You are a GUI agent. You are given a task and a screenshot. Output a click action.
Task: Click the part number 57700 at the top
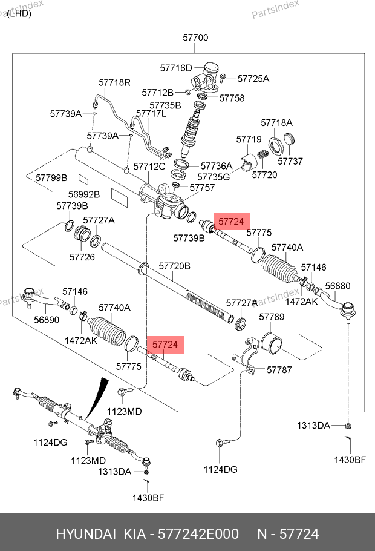coord(195,38)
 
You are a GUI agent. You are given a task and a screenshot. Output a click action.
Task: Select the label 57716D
coord(175,68)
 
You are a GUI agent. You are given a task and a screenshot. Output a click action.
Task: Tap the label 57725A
coord(253,79)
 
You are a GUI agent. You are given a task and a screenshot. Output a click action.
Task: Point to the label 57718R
coord(115,82)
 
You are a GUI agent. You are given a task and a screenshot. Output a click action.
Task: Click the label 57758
coord(232,98)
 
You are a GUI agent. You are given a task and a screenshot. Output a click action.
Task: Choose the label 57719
coord(249,140)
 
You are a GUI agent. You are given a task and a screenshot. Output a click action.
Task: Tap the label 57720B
coord(174,266)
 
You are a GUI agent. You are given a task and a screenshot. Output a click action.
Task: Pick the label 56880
coord(337,285)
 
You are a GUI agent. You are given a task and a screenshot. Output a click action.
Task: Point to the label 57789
coord(272,317)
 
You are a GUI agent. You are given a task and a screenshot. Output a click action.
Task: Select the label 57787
coord(279,369)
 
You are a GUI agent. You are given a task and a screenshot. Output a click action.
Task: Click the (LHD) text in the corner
coord(19,14)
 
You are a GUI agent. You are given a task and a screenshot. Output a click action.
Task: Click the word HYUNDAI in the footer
coord(86,534)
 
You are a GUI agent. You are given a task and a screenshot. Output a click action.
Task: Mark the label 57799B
coord(51,177)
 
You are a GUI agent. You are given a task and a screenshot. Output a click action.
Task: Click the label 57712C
coord(149,166)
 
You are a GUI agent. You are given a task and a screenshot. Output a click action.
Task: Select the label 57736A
coord(216,166)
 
